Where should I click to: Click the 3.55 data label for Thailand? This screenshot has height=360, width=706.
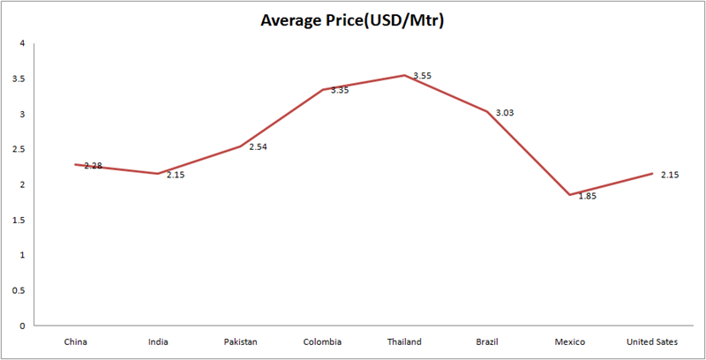[x=423, y=77]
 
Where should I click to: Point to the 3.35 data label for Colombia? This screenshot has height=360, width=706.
[x=340, y=90]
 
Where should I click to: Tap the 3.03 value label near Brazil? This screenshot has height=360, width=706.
[x=505, y=113]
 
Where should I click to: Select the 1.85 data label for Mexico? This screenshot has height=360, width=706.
[x=587, y=196]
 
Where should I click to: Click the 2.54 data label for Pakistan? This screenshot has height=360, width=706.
[x=258, y=147]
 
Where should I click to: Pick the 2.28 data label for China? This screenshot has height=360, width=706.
[x=93, y=166]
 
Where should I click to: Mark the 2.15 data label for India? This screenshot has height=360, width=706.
[x=176, y=175]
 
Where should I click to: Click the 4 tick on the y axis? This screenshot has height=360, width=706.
[x=20, y=43]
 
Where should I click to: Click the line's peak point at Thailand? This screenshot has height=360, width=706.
[x=405, y=75]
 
